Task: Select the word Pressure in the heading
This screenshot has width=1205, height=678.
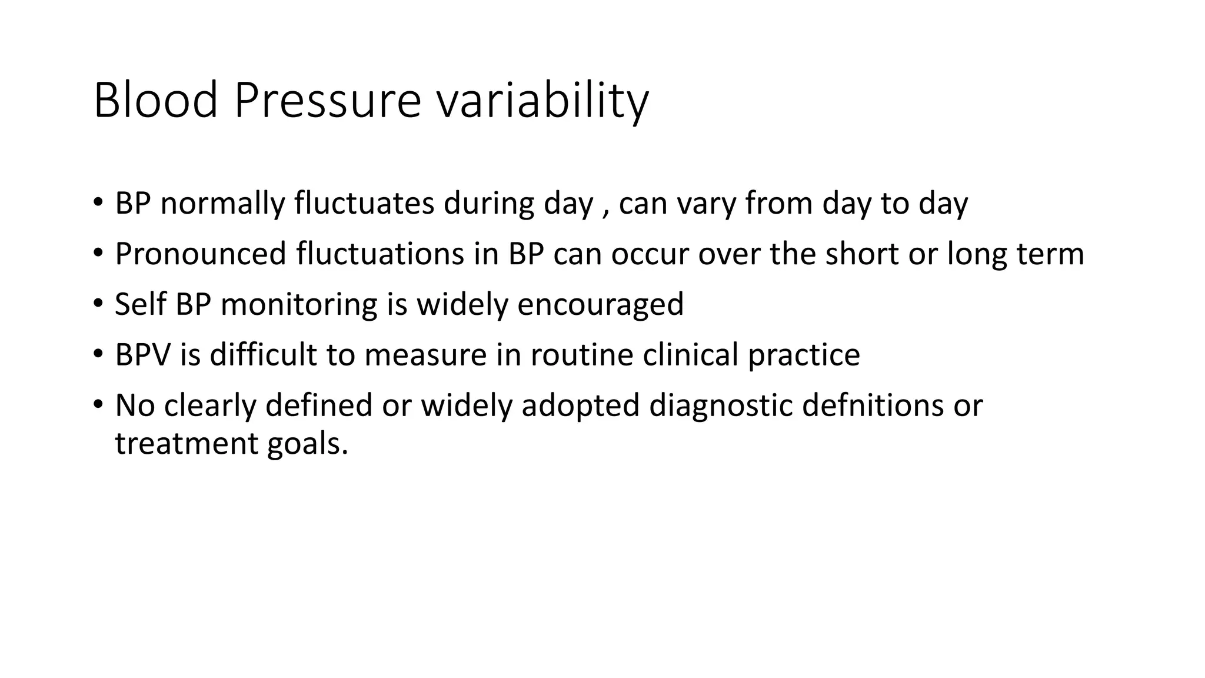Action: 327,101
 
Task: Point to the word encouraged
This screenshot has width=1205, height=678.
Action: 600,305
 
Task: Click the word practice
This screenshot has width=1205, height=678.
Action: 804,355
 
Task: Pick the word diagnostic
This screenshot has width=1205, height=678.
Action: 720,406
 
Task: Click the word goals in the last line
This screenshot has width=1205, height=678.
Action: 307,444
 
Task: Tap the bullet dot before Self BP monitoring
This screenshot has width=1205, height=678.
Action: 98,305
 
